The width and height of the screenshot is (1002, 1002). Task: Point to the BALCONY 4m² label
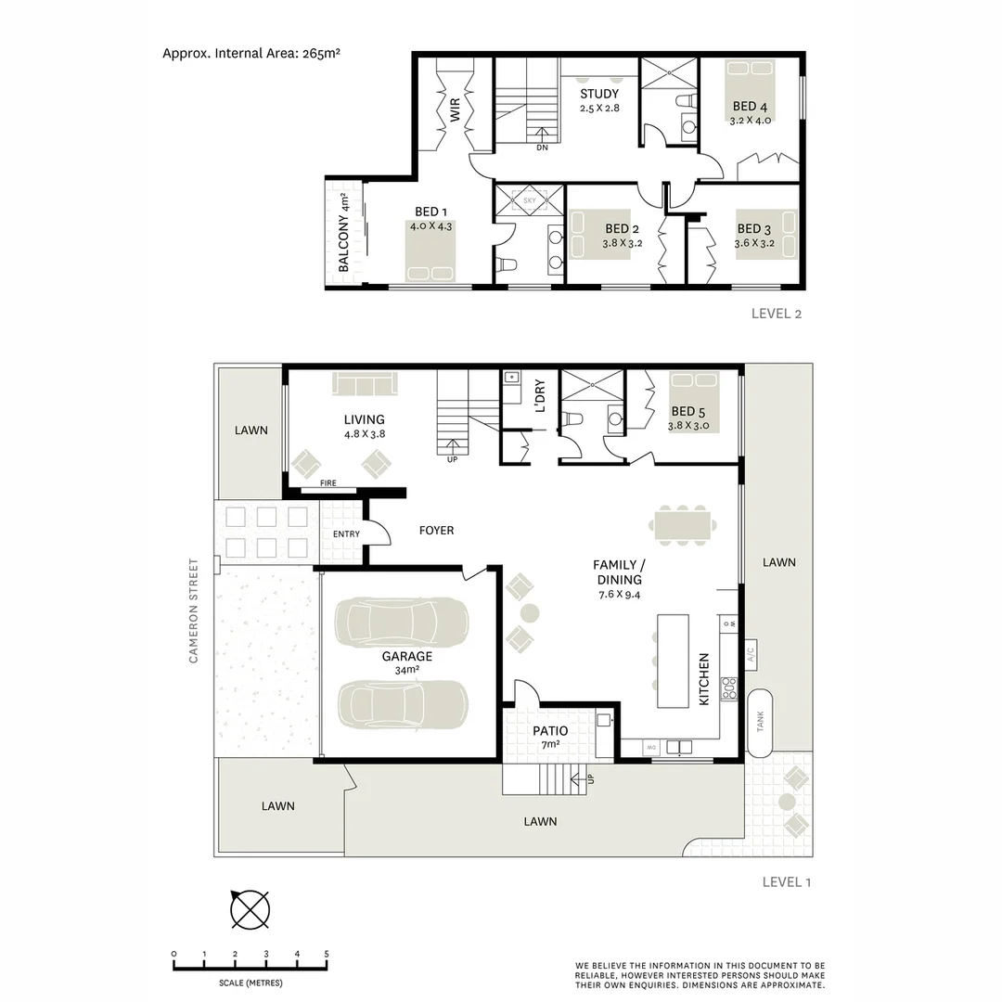pyautogui.click(x=343, y=233)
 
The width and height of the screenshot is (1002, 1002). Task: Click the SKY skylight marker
pyautogui.click(x=530, y=199)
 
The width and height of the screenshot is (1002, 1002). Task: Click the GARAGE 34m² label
pyautogui.click(x=407, y=662)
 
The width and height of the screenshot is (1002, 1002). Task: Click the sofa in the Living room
pyautogui.click(x=365, y=384)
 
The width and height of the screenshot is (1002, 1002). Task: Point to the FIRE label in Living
pyautogui.click(x=328, y=483)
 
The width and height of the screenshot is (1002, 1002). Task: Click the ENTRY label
pyautogui.click(x=346, y=534)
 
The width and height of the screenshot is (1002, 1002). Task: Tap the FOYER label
pyautogui.click(x=436, y=531)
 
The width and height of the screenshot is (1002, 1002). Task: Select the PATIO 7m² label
pyautogui.click(x=550, y=737)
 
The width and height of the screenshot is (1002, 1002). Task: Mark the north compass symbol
pyautogui.click(x=250, y=909)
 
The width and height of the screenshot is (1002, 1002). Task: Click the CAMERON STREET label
pyautogui.click(x=194, y=610)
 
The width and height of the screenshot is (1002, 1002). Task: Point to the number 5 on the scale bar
pyautogui.click(x=327, y=954)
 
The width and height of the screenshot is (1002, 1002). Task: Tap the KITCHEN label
pyautogui.click(x=704, y=678)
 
